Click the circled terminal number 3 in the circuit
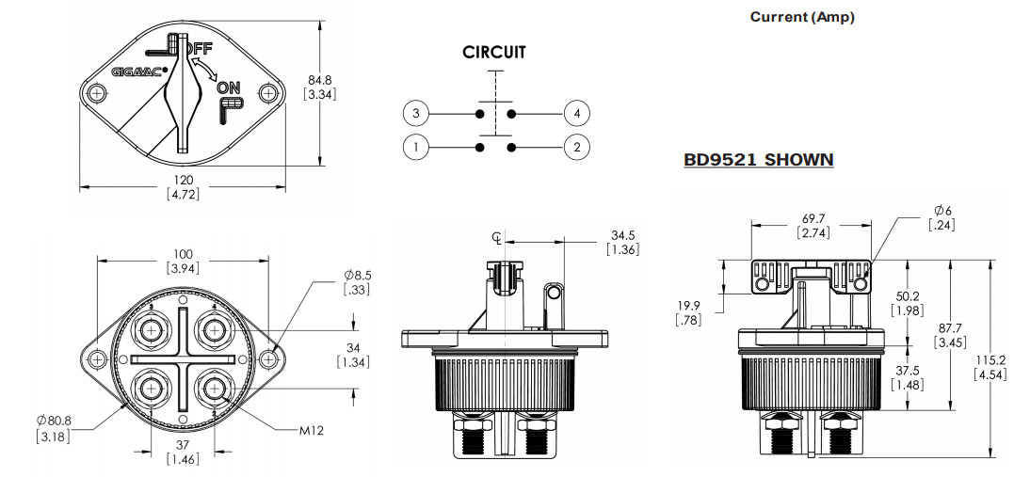[415, 114]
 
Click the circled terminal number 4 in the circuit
[576, 114]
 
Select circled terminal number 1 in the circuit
[415, 147]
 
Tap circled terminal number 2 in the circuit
[576, 147]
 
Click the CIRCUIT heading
[494, 54]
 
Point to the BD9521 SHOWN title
[759, 160]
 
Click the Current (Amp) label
[802, 18]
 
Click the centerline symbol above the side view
[497, 237]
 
